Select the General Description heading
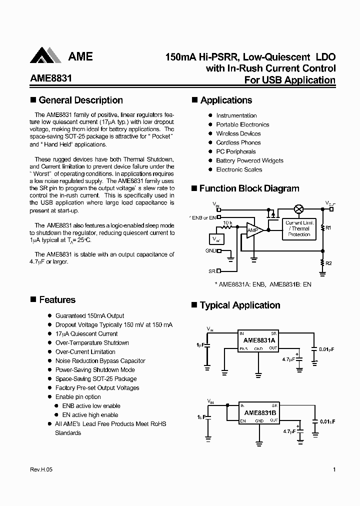[x=80, y=100]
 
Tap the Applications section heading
[x=226, y=100]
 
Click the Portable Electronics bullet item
[x=242, y=124]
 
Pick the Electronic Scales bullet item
[x=239, y=169]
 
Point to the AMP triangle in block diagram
[x=253, y=229]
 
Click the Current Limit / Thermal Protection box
[x=299, y=228]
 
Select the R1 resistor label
[x=328, y=228]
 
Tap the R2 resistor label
[x=328, y=262]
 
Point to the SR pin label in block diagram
[x=212, y=271]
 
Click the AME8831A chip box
[x=258, y=340]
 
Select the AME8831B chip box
[x=258, y=413]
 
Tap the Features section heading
[x=57, y=299]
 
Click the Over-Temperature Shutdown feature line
[x=92, y=342]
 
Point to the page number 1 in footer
[x=333, y=469]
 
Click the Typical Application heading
[x=239, y=305]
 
